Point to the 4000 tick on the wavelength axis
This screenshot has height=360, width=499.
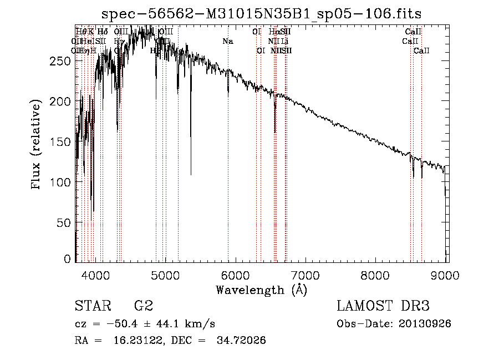[x=95, y=274]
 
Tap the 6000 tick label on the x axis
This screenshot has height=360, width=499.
[x=236, y=274]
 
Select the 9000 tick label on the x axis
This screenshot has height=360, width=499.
[x=446, y=274]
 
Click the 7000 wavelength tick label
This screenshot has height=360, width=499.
[x=306, y=274]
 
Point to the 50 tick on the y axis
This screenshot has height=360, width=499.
[x=64, y=222]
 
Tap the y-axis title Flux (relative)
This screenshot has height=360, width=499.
[x=37, y=145]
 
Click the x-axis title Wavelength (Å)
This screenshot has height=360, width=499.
[x=261, y=290]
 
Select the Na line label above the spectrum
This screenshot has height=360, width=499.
[x=228, y=41]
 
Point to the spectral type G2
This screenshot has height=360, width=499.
[x=143, y=306]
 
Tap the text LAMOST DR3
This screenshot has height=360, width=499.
[x=383, y=306]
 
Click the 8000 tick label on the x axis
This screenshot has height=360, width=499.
[x=376, y=274]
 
